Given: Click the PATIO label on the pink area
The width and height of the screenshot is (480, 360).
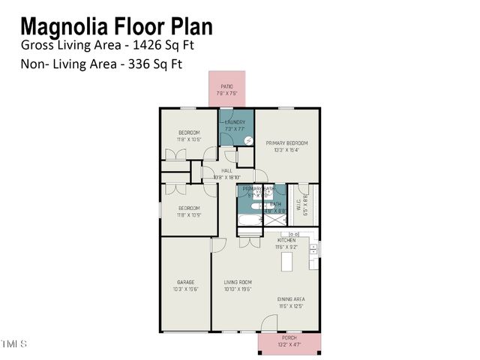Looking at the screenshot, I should (226, 86).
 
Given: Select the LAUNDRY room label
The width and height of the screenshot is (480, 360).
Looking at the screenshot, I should (235, 121).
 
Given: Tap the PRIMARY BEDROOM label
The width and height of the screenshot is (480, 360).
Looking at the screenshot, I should (286, 142).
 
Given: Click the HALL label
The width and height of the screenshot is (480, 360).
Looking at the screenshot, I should (226, 170).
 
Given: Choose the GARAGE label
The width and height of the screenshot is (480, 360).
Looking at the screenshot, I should (185, 282).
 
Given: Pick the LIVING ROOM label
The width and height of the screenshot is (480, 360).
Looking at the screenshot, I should (237, 282).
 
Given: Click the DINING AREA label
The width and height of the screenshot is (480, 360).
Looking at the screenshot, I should (289, 298).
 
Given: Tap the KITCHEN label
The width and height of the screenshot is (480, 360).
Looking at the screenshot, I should (286, 240).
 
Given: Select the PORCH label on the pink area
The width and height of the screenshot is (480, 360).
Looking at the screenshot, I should (289, 338).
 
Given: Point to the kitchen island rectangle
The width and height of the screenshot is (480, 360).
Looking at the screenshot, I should (286, 262).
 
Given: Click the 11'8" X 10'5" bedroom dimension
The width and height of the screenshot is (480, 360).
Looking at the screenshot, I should (188, 139).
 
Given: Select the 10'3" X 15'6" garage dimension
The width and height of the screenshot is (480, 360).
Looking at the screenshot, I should (185, 289).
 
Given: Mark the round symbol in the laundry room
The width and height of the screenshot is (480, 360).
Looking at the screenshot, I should (247, 139).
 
